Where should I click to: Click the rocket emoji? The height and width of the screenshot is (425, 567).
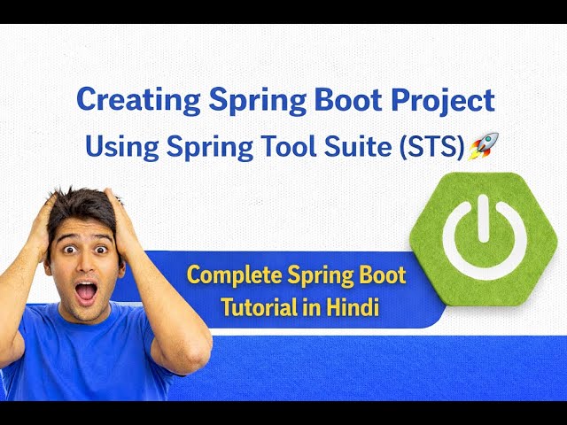coord(484,146)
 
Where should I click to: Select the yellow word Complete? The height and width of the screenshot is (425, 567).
coord(234,275)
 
